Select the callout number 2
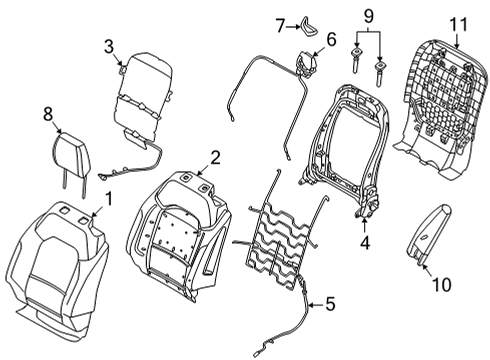pyautogui.click(x=214, y=155)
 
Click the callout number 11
pyautogui.click(x=458, y=21)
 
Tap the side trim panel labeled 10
pyautogui.click(x=427, y=246)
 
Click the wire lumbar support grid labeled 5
pyautogui.click(x=285, y=235)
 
